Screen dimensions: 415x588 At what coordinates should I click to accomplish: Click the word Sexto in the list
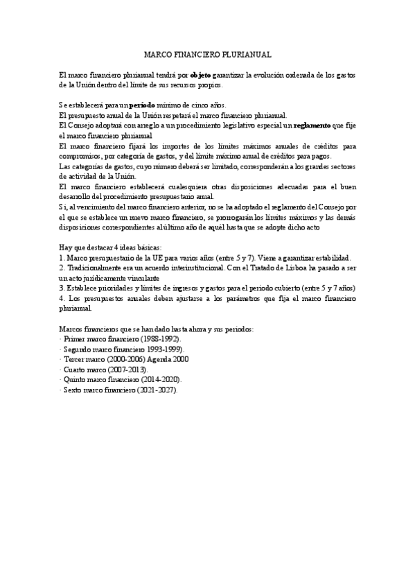(x=73, y=391)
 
